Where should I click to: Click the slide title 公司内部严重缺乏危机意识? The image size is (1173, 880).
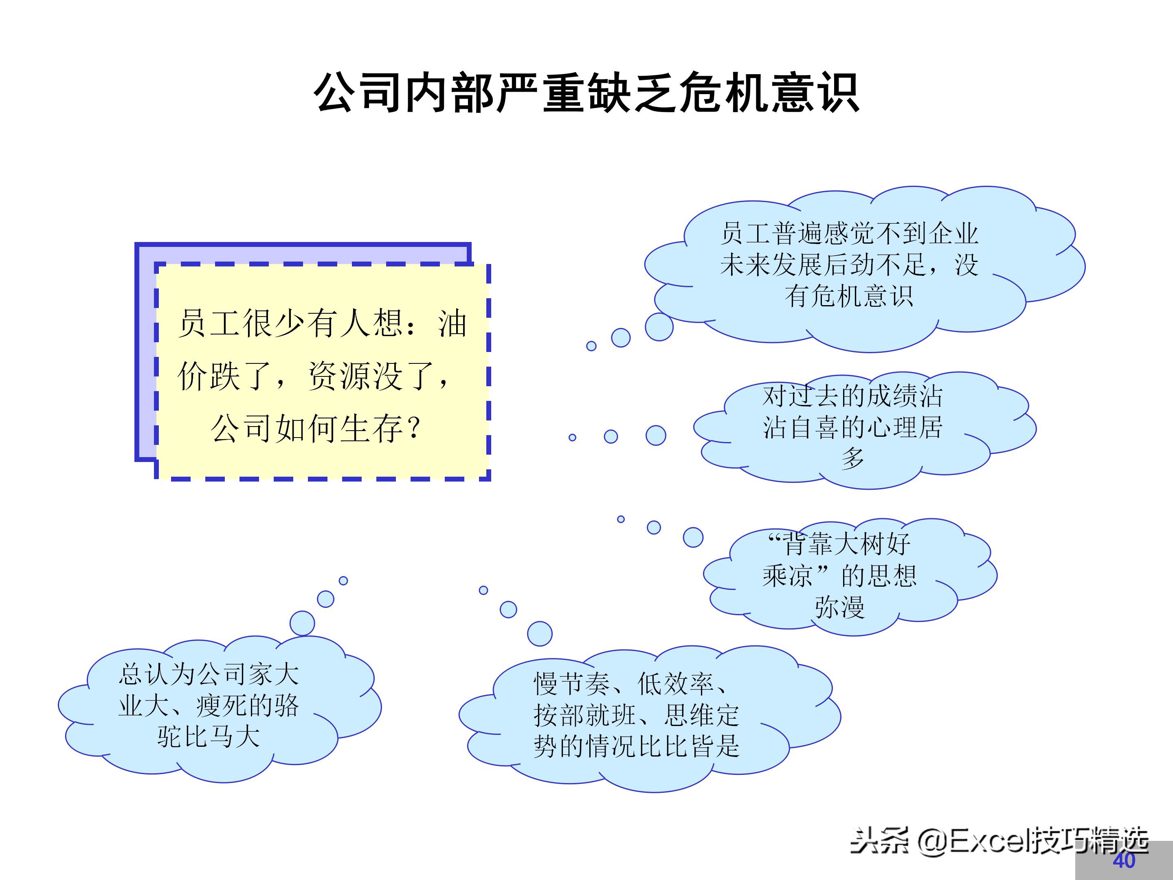coord(586,92)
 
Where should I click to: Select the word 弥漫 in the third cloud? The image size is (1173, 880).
coord(839,607)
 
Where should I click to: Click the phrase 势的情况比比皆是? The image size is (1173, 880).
coord(636,746)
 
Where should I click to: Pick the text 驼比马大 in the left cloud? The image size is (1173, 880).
coord(209,737)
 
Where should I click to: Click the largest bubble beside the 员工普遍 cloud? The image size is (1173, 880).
coord(659,327)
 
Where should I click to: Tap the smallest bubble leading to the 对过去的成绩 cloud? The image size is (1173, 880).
coord(572,438)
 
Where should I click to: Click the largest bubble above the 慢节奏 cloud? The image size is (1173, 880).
coord(540,634)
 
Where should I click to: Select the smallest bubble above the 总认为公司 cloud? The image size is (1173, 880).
coord(343,581)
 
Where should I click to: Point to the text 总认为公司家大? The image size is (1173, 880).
coord(209,674)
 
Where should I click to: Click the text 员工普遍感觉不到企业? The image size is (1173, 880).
coord(848,233)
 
